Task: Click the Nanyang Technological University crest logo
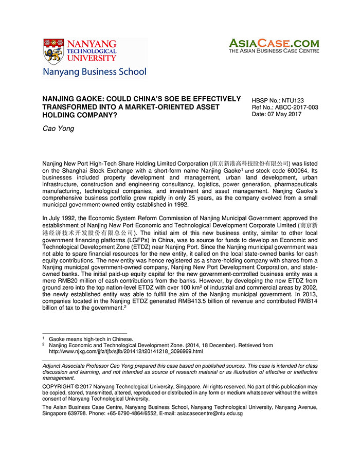(54, 51)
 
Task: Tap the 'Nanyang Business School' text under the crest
(95, 72)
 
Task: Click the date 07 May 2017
(277, 114)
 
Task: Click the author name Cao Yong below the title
(58, 129)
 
